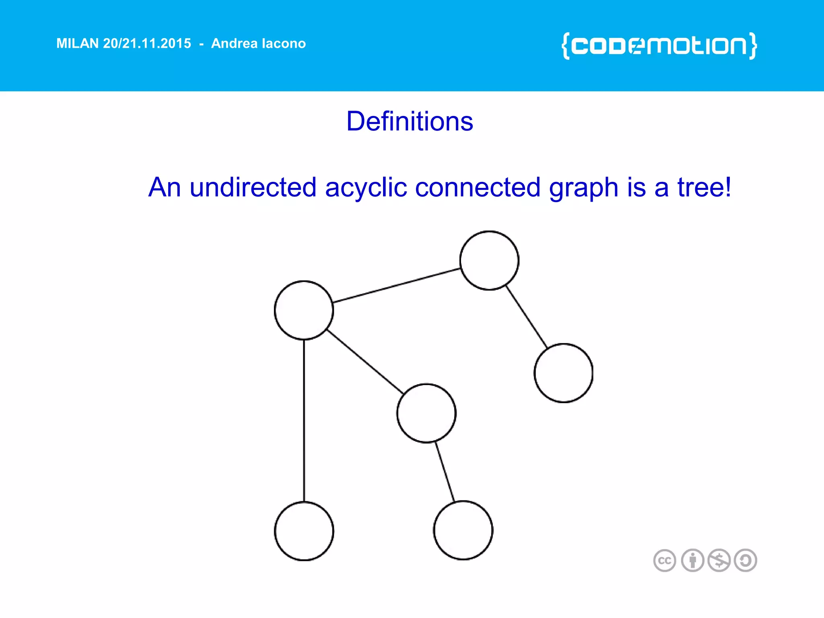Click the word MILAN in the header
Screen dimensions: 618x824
(77, 43)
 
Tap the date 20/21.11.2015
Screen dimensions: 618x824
(147, 43)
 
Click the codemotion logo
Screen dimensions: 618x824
(659, 46)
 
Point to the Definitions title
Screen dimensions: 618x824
(410, 121)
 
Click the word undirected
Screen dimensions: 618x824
(253, 187)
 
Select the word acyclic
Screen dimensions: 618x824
(366, 187)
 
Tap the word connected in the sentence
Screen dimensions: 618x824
(478, 187)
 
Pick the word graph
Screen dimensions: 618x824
(583, 188)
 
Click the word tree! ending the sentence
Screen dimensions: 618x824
(704, 187)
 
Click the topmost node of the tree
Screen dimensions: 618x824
(489, 260)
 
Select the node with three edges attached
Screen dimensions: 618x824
(304, 310)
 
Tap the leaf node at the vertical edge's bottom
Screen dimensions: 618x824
(304, 531)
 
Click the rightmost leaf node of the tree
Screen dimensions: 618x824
(563, 373)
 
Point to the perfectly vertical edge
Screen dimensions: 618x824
(304, 420)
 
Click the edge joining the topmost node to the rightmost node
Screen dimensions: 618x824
(526, 317)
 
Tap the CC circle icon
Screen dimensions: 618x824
(665, 560)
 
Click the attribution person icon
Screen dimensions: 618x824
(692, 560)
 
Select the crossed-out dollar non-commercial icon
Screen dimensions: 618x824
(719, 560)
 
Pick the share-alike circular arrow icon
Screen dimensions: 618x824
(746, 560)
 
